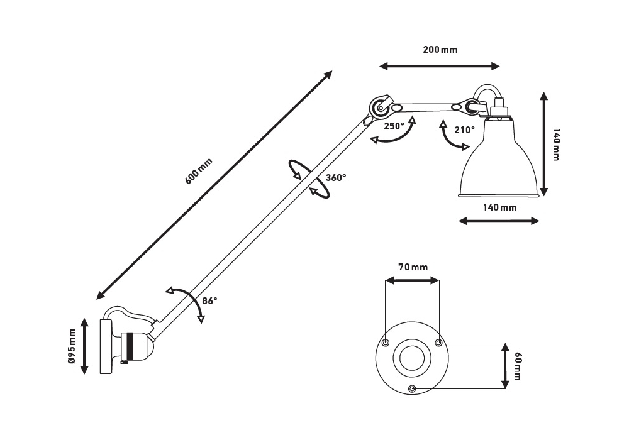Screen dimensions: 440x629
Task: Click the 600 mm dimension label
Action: click(199, 170)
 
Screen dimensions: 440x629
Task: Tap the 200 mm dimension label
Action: click(440, 50)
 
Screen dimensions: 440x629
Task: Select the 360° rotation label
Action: click(336, 178)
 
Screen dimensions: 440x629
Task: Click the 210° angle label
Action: click(464, 130)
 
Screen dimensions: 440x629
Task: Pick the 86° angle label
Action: click(210, 300)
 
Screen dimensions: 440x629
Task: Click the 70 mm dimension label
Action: click(413, 267)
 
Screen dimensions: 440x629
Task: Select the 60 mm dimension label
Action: click(518, 365)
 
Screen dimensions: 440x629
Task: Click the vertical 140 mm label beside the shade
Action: click(555, 145)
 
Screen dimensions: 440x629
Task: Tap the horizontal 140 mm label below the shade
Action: click(499, 207)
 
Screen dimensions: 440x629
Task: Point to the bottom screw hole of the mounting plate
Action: click(412, 388)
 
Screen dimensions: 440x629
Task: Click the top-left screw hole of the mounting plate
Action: click(386, 343)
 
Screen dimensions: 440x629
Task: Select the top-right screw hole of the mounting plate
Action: click(439, 343)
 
